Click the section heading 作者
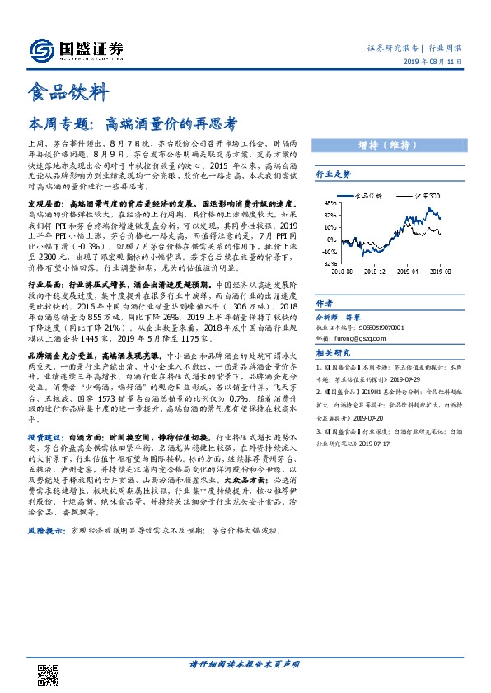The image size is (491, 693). point(325,303)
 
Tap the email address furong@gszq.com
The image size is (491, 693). point(365,339)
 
